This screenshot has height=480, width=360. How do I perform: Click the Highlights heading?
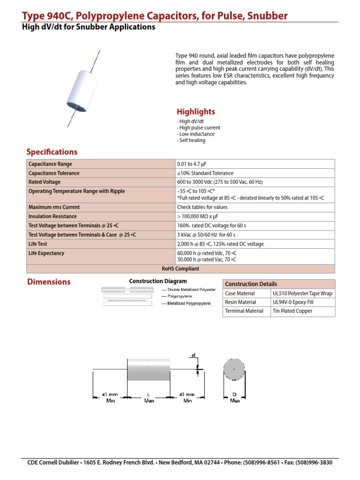[x=195, y=112]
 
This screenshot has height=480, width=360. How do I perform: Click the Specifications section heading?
[x=52, y=152]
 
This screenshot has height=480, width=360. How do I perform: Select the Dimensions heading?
[x=48, y=282]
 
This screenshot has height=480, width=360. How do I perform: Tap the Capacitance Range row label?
[x=51, y=164]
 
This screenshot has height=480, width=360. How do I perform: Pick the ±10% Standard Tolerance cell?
[x=205, y=173]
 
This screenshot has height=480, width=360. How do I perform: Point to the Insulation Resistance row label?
[x=53, y=216]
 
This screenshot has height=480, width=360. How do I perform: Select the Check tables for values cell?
[x=202, y=207]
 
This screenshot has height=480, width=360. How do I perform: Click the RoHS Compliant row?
[x=180, y=269]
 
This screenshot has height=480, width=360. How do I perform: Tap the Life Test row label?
[x=38, y=244]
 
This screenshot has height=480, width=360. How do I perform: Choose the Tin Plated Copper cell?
[x=292, y=311]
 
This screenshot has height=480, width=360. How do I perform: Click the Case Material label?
[x=240, y=293]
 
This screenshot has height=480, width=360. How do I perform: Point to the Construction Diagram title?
[x=157, y=281]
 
